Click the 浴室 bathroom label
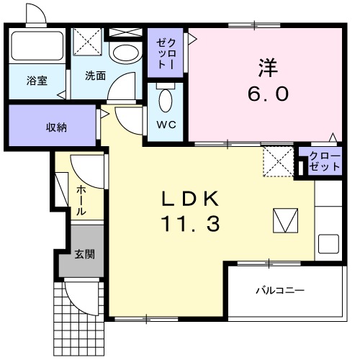tap(37, 81)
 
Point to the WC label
tap(165, 122)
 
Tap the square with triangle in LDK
tap(285, 220)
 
